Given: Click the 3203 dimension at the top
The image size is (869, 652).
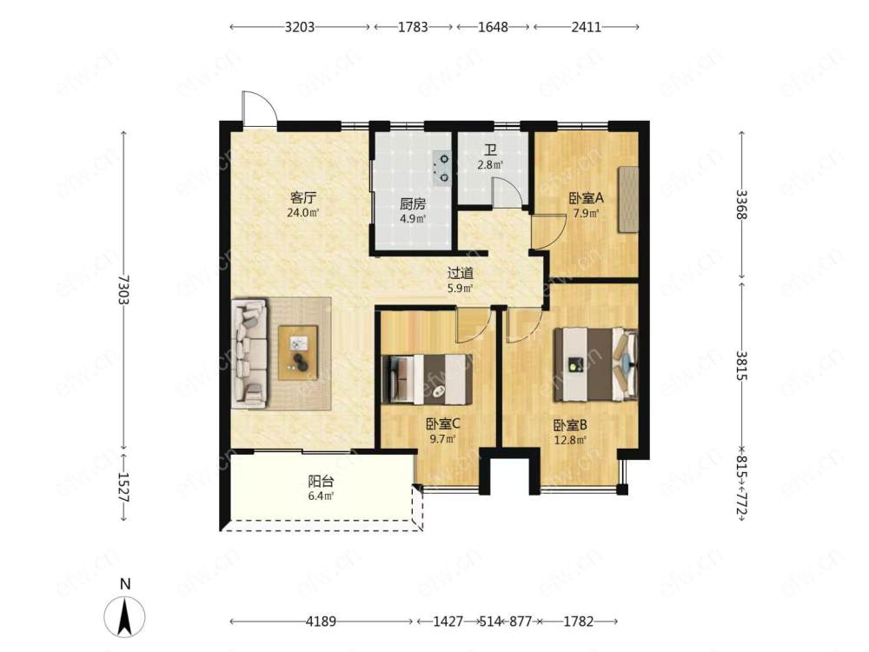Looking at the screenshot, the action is click(300, 27).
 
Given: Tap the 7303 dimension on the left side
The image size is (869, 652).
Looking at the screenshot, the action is click(123, 289).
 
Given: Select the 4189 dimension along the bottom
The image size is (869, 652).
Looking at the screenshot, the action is click(321, 622).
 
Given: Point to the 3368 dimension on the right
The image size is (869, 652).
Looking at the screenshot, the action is click(742, 204).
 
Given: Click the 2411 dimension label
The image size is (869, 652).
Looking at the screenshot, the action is click(587, 27).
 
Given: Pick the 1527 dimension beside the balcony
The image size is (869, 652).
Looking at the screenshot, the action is click(123, 488).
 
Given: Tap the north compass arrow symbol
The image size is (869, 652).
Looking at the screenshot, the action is click(124, 616).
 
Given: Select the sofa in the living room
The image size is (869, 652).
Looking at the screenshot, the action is click(249, 353).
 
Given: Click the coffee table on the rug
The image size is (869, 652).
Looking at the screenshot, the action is click(298, 353).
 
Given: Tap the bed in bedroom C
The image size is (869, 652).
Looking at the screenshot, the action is click(428, 379).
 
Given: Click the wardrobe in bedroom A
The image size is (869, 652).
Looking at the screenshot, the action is click(628, 199).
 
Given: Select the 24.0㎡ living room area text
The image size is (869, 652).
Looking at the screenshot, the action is click(302, 212).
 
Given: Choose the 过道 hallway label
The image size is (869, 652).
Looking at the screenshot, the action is click(460, 273).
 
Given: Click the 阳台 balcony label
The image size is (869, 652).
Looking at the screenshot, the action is click(321, 481).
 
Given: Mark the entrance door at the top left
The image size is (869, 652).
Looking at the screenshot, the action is click(257, 109).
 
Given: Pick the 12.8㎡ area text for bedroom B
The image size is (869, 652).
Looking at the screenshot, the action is click(570, 441).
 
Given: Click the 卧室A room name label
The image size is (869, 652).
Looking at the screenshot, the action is click(586, 198).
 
